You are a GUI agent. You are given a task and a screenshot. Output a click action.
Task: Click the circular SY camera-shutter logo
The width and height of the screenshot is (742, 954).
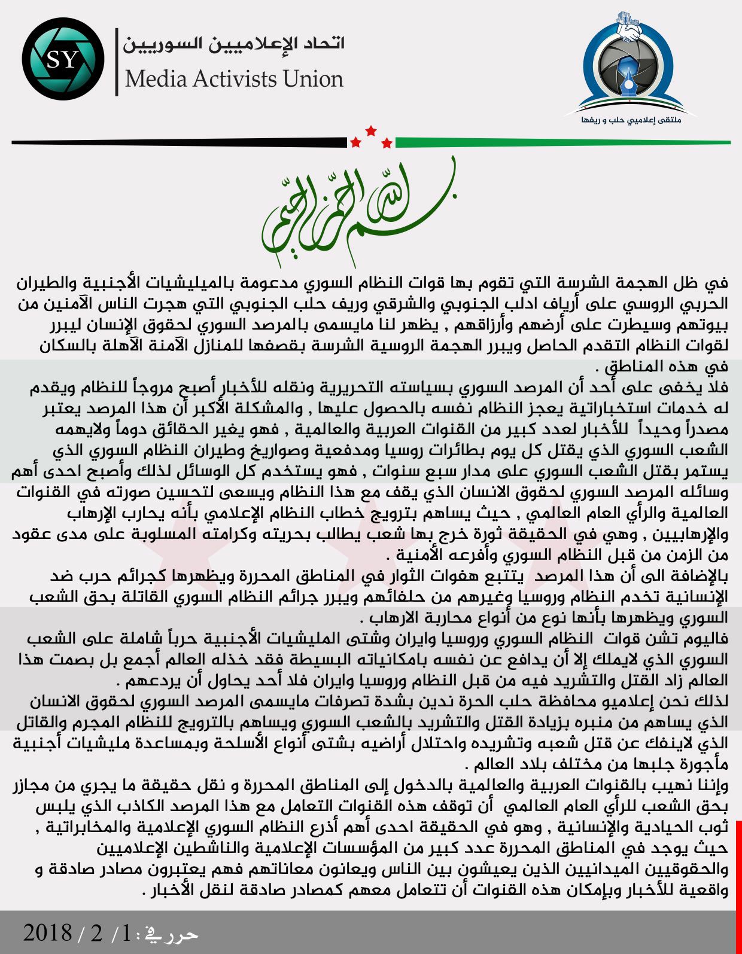click(63, 59)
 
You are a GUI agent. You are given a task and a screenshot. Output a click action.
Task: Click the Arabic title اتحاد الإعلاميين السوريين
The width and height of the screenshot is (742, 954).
click(233, 44)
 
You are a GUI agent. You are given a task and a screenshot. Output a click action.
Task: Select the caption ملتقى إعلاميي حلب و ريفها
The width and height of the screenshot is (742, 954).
click(631, 120)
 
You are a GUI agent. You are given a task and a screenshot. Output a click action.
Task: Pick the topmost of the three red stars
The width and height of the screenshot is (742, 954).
click(371, 130)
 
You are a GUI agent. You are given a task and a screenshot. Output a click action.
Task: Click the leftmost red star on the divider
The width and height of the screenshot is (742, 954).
click(356, 142)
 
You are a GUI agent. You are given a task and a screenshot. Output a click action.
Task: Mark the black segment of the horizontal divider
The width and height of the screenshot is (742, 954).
click(180, 142)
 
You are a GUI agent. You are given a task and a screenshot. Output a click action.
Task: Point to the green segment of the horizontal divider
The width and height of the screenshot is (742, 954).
click(562, 142)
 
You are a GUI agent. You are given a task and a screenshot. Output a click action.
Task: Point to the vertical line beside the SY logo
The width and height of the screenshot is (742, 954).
click(117, 61)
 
